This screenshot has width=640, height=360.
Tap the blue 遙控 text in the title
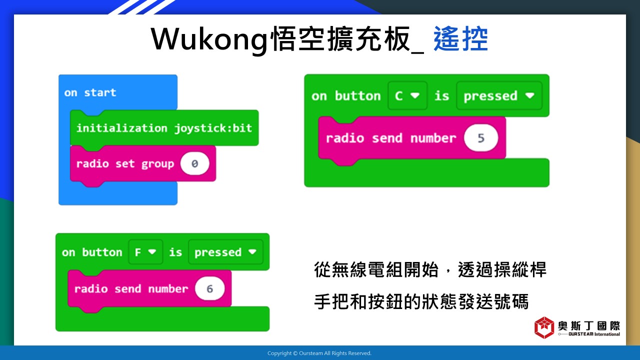[x=460, y=39]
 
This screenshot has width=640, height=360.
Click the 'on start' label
[x=90, y=92]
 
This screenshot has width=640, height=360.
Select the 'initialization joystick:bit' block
[x=164, y=128]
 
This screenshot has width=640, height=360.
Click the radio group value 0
[x=195, y=163]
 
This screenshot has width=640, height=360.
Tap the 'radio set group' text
[x=125, y=164]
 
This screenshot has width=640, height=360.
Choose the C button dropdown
[x=407, y=95]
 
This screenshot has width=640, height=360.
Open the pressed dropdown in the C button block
[x=499, y=95]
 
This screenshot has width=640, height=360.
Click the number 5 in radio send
[x=481, y=138]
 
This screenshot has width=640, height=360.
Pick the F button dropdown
[x=145, y=252]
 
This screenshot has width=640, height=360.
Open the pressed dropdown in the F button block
[x=225, y=252]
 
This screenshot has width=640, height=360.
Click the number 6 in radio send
[x=209, y=288]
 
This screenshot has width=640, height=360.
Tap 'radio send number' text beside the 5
[x=391, y=138]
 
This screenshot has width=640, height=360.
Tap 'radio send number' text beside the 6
[x=131, y=289]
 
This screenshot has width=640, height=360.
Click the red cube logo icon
[x=544, y=327]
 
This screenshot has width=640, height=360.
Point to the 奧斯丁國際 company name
[x=589, y=325]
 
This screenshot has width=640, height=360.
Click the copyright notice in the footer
[x=319, y=353]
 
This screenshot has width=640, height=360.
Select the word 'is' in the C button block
[x=441, y=95]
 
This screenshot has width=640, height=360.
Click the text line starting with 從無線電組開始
[x=430, y=269]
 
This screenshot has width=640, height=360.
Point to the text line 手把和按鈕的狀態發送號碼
[x=421, y=301]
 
